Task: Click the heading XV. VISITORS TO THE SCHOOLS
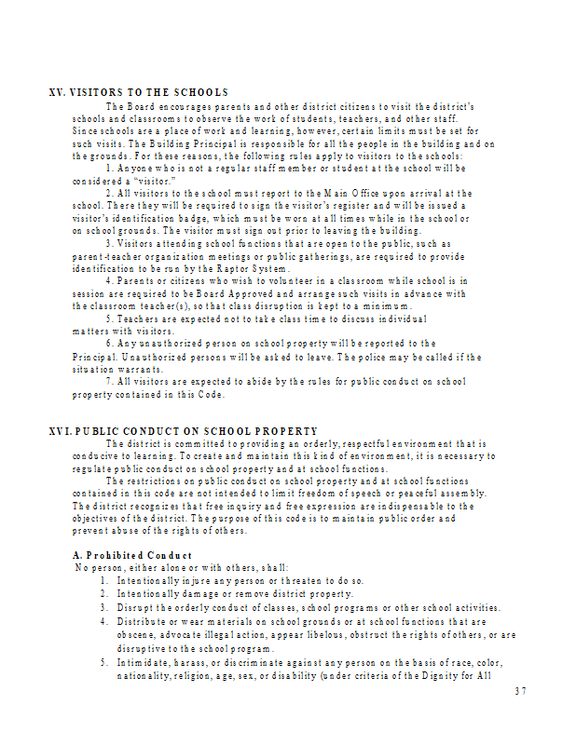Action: (138, 92)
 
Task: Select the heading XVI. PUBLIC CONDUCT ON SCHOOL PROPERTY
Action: (183, 431)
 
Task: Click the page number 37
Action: (520, 691)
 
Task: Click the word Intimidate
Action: (143, 662)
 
